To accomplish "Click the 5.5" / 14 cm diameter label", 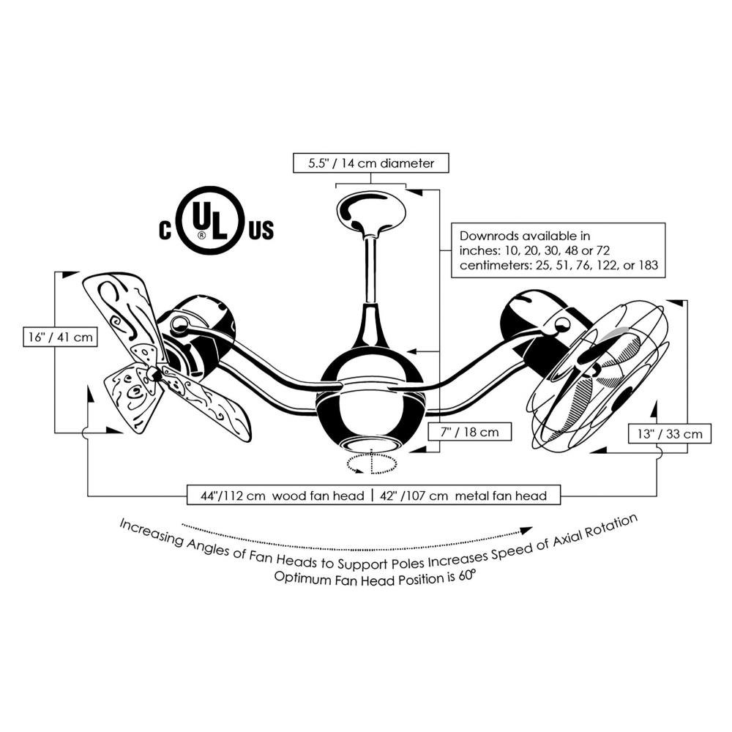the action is pos(370,163).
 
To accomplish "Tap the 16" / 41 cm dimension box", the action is pos(60,337).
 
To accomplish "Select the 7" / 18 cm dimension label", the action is pos(470,432).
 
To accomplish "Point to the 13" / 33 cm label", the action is pos(670,433).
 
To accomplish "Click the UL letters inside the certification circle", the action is pos(209,223).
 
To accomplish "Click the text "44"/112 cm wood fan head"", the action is pos(283,496).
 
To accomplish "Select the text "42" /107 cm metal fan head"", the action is pos(463,496).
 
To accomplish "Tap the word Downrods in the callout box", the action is pos(489,236).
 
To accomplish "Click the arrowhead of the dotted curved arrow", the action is pos(526,531).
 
